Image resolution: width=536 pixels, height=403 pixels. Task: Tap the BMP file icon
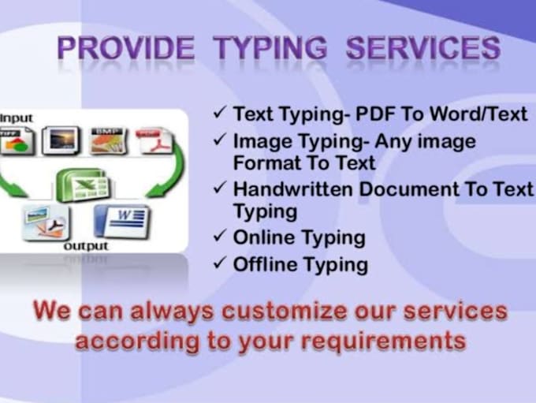[x=107, y=140]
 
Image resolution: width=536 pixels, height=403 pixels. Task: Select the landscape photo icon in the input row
[x=61, y=141]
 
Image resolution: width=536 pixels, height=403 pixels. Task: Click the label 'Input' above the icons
[x=17, y=118]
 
